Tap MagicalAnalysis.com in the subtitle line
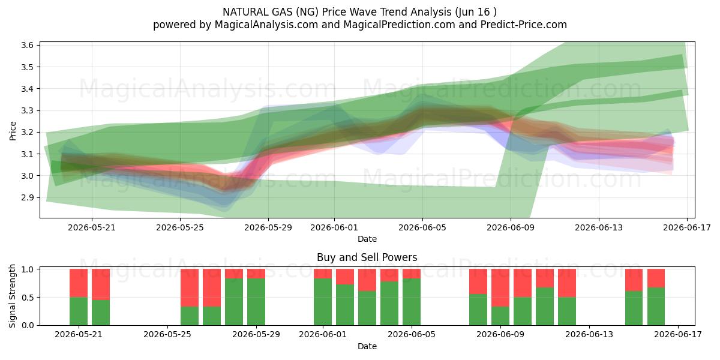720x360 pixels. [266, 25]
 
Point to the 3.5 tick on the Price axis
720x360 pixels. [28, 67]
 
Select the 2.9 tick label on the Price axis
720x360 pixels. [28, 197]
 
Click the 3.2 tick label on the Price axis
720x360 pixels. [28, 132]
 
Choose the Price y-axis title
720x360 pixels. [13, 131]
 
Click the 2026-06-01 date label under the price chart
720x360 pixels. [334, 227]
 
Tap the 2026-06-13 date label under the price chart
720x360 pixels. [599, 227]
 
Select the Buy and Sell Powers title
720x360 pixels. [367, 257]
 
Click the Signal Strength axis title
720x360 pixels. [12, 296]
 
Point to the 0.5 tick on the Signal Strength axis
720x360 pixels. [28, 298]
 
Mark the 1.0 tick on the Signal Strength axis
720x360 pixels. [28, 269]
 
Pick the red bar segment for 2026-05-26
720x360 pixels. [212, 287]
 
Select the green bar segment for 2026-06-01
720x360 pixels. [323, 302]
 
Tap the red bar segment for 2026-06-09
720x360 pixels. [500, 287]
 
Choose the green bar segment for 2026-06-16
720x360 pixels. [656, 307]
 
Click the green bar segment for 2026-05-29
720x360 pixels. [256, 302]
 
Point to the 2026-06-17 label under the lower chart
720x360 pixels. [678, 335]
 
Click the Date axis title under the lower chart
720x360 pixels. [367, 346]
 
